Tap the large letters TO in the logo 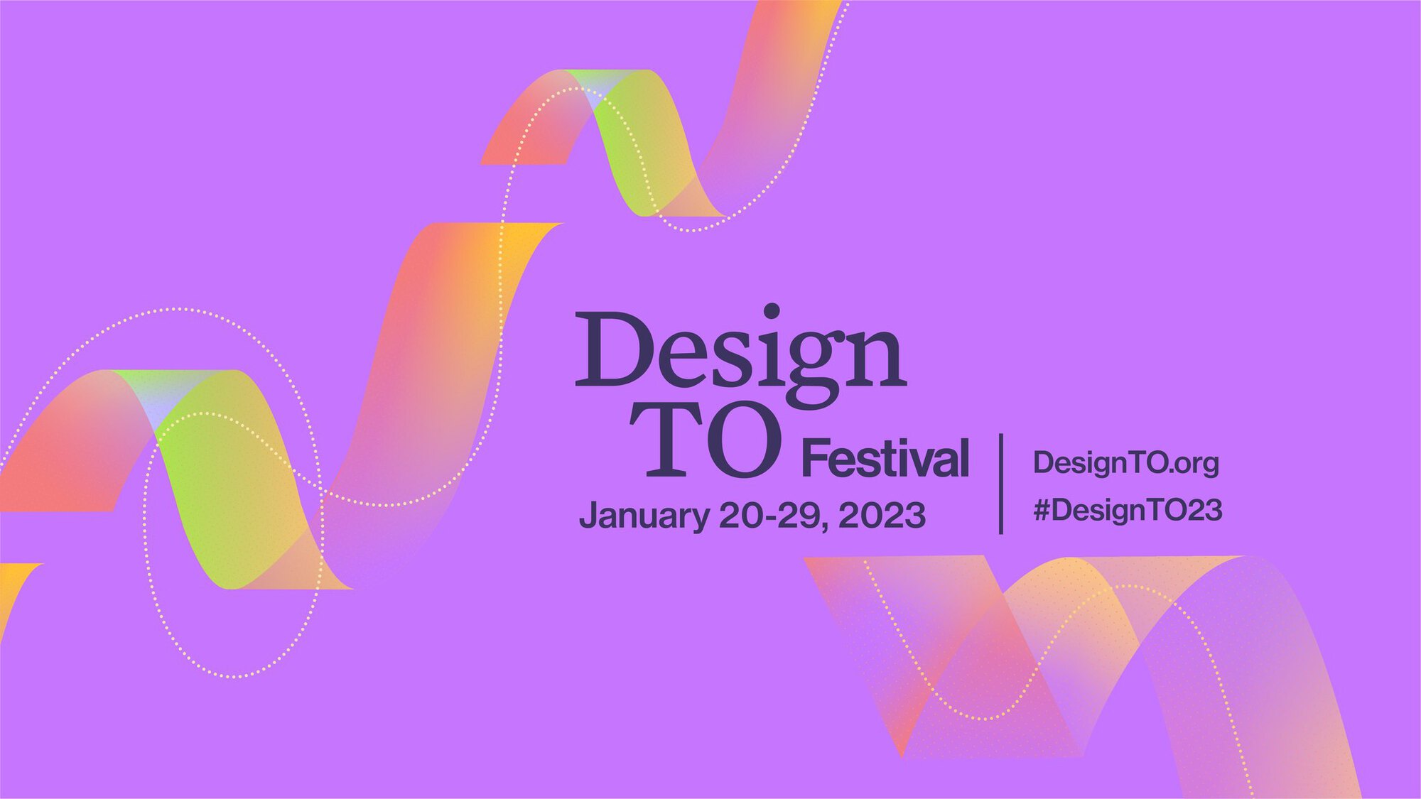(x=707, y=440)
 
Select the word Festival (x=885, y=459)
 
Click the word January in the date (x=644, y=516)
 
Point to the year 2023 (x=882, y=515)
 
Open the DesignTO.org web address (x=1126, y=463)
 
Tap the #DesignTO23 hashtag (x=1128, y=510)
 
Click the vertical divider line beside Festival (x=1001, y=483)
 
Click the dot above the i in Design (x=772, y=311)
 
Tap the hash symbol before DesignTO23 (x=1042, y=510)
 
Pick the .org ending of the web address (x=1195, y=464)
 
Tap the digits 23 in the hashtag (x=1205, y=510)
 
